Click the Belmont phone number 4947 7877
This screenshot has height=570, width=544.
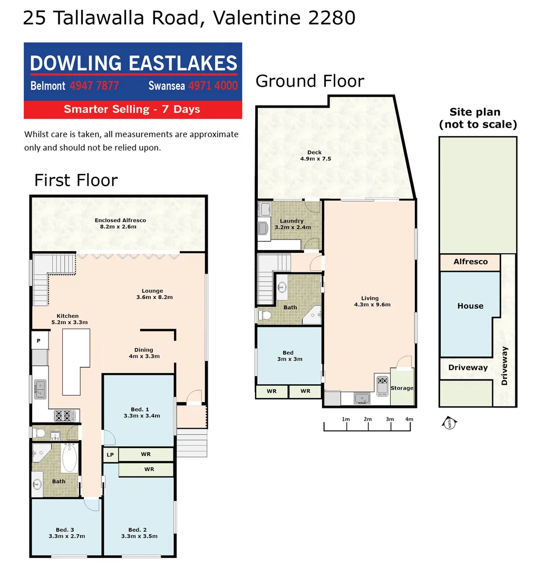click(x=94, y=85)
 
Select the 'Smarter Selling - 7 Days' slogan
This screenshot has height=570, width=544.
click(x=132, y=109)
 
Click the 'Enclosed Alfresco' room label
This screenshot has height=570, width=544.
click(x=120, y=220)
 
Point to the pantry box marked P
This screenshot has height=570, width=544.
click(x=38, y=341)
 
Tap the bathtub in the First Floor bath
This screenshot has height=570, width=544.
click(x=70, y=457)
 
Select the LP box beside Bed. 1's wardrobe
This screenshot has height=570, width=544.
click(x=110, y=454)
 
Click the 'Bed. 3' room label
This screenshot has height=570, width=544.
click(x=65, y=529)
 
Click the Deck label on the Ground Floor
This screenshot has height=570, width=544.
click(x=315, y=153)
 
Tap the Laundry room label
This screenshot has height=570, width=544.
click(x=292, y=221)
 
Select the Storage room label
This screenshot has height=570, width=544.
click(x=402, y=388)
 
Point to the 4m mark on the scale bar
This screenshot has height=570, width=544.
click(x=409, y=419)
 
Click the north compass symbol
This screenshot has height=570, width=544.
click(x=449, y=422)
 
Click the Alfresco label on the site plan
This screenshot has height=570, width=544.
click(x=470, y=262)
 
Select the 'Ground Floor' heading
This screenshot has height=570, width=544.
click(x=309, y=81)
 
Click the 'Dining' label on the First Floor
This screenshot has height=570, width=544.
click(x=143, y=349)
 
